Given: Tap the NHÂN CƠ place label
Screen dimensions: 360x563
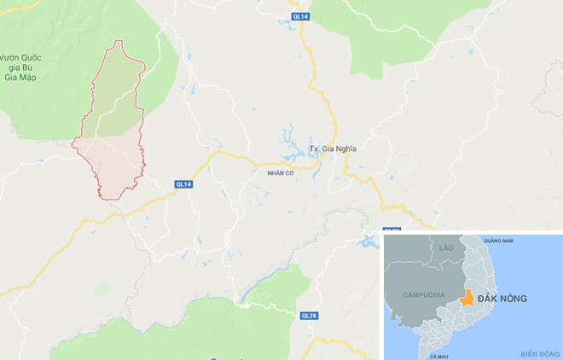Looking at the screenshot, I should pos(267,172).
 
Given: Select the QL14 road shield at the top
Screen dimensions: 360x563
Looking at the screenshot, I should pos(299,16).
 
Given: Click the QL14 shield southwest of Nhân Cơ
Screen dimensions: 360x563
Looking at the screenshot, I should pos(183,184).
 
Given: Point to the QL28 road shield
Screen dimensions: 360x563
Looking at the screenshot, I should pos(310,315).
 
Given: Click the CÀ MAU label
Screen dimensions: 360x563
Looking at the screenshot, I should pos(439,355).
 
